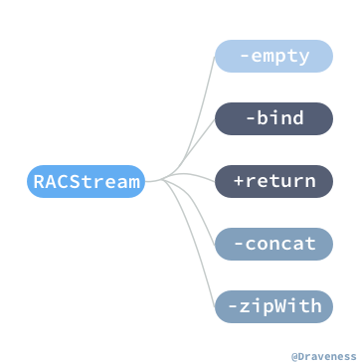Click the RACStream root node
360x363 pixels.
pyautogui.click(x=87, y=181)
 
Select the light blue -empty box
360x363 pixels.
pyautogui.click(x=273, y=57)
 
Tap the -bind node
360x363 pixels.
pyautogui.click(x=273, y=118)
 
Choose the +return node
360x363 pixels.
pyautogui.click(x=273, y=181)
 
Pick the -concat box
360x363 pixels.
pyautogui.click(x=273, y=243)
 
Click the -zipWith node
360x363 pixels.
pyautogui.click(x=273, y=305)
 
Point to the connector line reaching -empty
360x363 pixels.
pyautogui.click(x=202, y=99)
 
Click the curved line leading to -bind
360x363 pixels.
pyautogui.click(x=199, y=139)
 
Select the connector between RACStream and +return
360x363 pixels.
pyautogui.click(x=184, y=179)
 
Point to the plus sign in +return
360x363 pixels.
pyautogui.click(x=240, y=181)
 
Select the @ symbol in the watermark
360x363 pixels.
pyautogui.click(x=294, y=354)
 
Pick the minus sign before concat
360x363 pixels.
pyautogui.click(x=239, y=243)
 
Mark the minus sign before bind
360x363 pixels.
pyautogui.click(x=250, y=118)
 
